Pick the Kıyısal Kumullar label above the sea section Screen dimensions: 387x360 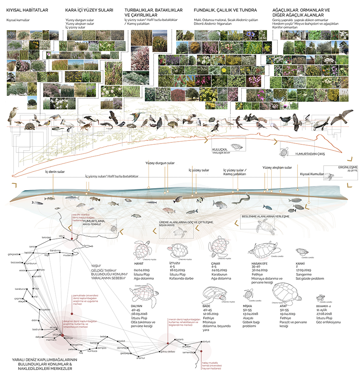pyautogui.click(x=312, y=175)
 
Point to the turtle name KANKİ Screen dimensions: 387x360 pyautogui.click(x=301, y=262)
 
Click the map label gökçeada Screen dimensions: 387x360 pyautogui.click(x=14, y=255)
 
